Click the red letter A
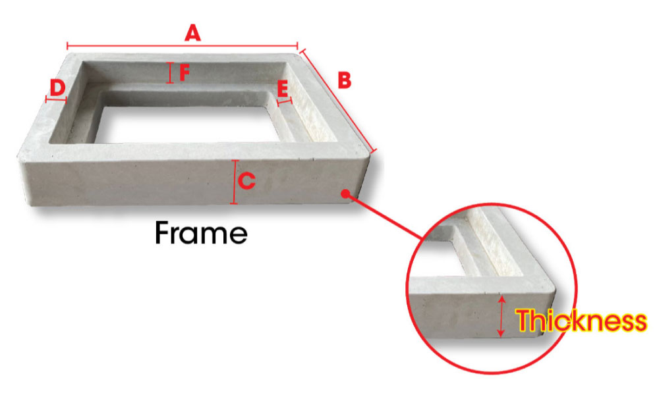pos(192,32)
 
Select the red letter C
pos(247,180)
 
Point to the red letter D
pos(57,86)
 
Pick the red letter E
pos(283,88)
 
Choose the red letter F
pos(184,72)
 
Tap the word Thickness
pos(581,321)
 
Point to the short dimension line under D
pos(57,99)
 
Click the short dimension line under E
pos(285,101)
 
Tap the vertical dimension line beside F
pos(171,72)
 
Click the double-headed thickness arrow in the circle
pos(503,317)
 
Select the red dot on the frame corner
pos(345,193)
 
